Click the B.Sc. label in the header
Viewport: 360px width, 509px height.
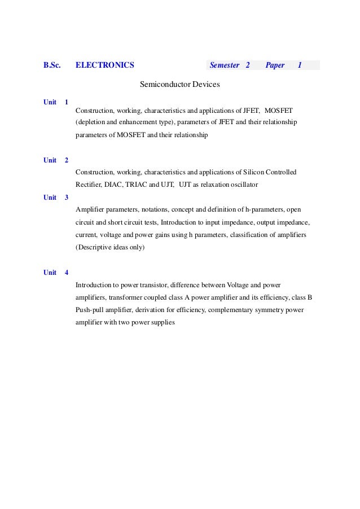coord(52,65)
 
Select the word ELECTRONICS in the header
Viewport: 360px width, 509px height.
coord(105,65)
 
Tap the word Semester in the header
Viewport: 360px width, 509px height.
coord(225,65)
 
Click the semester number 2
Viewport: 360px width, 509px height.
coord(248,65)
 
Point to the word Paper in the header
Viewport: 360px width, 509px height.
coord(275,65)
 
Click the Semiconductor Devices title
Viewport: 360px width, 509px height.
coord(179,85)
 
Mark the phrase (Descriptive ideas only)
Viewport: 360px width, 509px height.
coord(110,247)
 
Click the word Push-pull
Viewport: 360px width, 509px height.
coord(90,310)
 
